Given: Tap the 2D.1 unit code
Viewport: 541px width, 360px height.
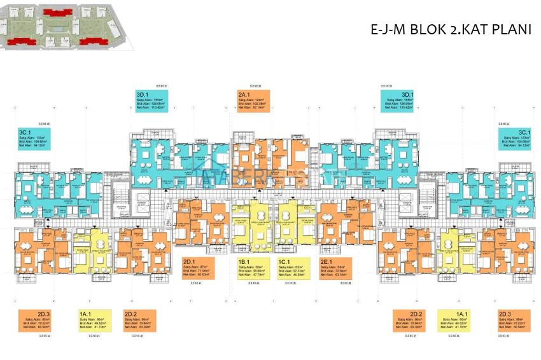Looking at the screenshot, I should [189, 261].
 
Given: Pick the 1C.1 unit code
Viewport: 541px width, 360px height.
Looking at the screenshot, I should [285, 261].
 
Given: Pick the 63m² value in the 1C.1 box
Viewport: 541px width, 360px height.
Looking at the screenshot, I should [298, 267].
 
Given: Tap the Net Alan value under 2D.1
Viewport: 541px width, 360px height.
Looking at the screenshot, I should [205, 275].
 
